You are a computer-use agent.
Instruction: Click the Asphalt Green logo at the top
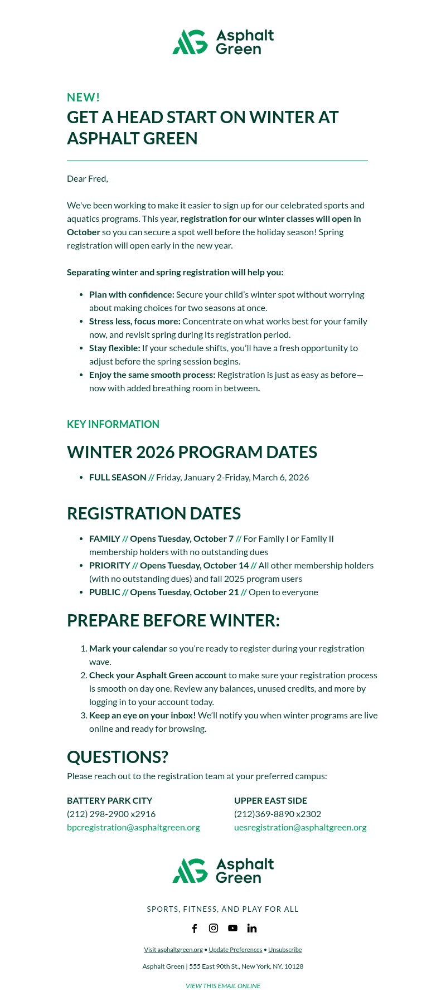[x=223, y=42]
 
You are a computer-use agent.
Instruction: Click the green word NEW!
[x=84, y=98]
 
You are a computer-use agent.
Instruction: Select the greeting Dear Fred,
[x=88, y=179]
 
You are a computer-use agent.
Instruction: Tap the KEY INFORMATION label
[x=113, y=424]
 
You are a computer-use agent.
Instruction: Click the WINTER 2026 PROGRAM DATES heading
[x=192, y=452]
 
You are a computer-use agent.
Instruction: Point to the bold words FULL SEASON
[x=118, y=478]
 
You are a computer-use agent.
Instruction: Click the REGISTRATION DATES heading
[x=154, y=513]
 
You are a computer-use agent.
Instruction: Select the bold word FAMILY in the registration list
[x=105, y=539]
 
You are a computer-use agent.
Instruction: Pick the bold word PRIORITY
[x=109, y=566]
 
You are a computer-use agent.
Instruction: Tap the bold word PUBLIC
[x=105, y=592]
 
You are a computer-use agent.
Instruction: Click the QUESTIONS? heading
[x=118, y=757]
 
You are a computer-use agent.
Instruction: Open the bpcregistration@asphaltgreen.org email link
[x=133, y=828]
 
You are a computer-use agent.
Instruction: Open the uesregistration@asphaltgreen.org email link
[x=300, y=828]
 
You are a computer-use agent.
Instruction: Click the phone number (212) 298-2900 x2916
[x=111, y=814]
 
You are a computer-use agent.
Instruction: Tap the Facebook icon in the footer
[x=195, y=928]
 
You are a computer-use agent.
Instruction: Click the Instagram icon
[x=214, y=928]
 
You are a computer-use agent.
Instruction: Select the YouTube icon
[x=232, y=928]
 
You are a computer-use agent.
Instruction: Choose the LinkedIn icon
[x=252, y=928]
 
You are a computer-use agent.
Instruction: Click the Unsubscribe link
[x=285, y=950]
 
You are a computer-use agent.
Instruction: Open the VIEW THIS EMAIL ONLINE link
[x=223, y=986]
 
